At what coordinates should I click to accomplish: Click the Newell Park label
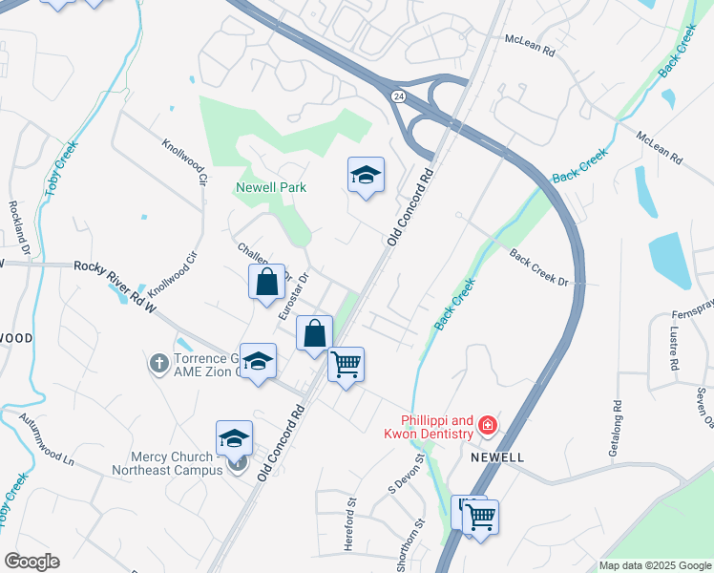[x=272, y=187]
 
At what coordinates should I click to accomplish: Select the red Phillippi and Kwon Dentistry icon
[x=488, y=424]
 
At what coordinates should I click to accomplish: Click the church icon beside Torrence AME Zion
[x=159, y=363]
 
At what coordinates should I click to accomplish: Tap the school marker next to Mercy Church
[x=234, y=439]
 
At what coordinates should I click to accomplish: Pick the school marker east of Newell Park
[x=366, y=176]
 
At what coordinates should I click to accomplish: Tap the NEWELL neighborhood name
[x=497, y=457]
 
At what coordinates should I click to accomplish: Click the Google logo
[x=31, y=562]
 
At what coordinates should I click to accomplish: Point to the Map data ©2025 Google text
[x=655, y=565]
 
